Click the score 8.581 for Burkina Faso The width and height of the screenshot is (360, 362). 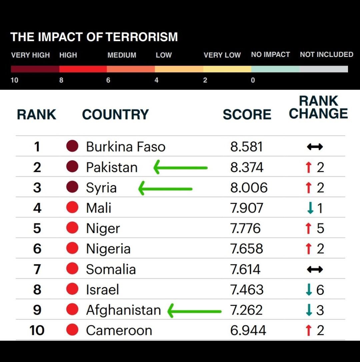(246, 147)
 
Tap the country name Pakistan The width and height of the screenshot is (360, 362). (112, 167)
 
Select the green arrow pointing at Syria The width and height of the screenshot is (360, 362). (165, 188)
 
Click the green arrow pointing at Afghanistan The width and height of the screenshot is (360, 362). (194, 311)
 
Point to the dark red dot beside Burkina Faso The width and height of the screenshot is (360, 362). (72, 146)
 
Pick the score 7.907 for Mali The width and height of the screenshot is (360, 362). (247, 208)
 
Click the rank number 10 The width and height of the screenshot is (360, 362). (37, 330)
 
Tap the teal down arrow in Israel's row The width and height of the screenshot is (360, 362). (309, 290)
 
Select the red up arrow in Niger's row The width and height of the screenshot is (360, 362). (308, 228)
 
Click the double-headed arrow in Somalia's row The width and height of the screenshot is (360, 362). (315, 269)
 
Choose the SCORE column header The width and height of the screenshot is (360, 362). (247, 115)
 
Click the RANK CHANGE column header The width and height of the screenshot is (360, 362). (318, 107)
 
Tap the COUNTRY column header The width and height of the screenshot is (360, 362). (115, 115)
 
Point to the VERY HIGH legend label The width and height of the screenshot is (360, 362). (30, 55)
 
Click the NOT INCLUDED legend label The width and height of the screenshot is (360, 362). (326, 55)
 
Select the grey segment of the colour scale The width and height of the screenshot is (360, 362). (324, 69)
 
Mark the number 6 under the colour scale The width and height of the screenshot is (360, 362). (108, 80)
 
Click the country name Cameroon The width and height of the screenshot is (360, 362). (119, 330)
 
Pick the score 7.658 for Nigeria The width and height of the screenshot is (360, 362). (247, 249)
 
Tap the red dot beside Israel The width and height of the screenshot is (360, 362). (72, 289)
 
